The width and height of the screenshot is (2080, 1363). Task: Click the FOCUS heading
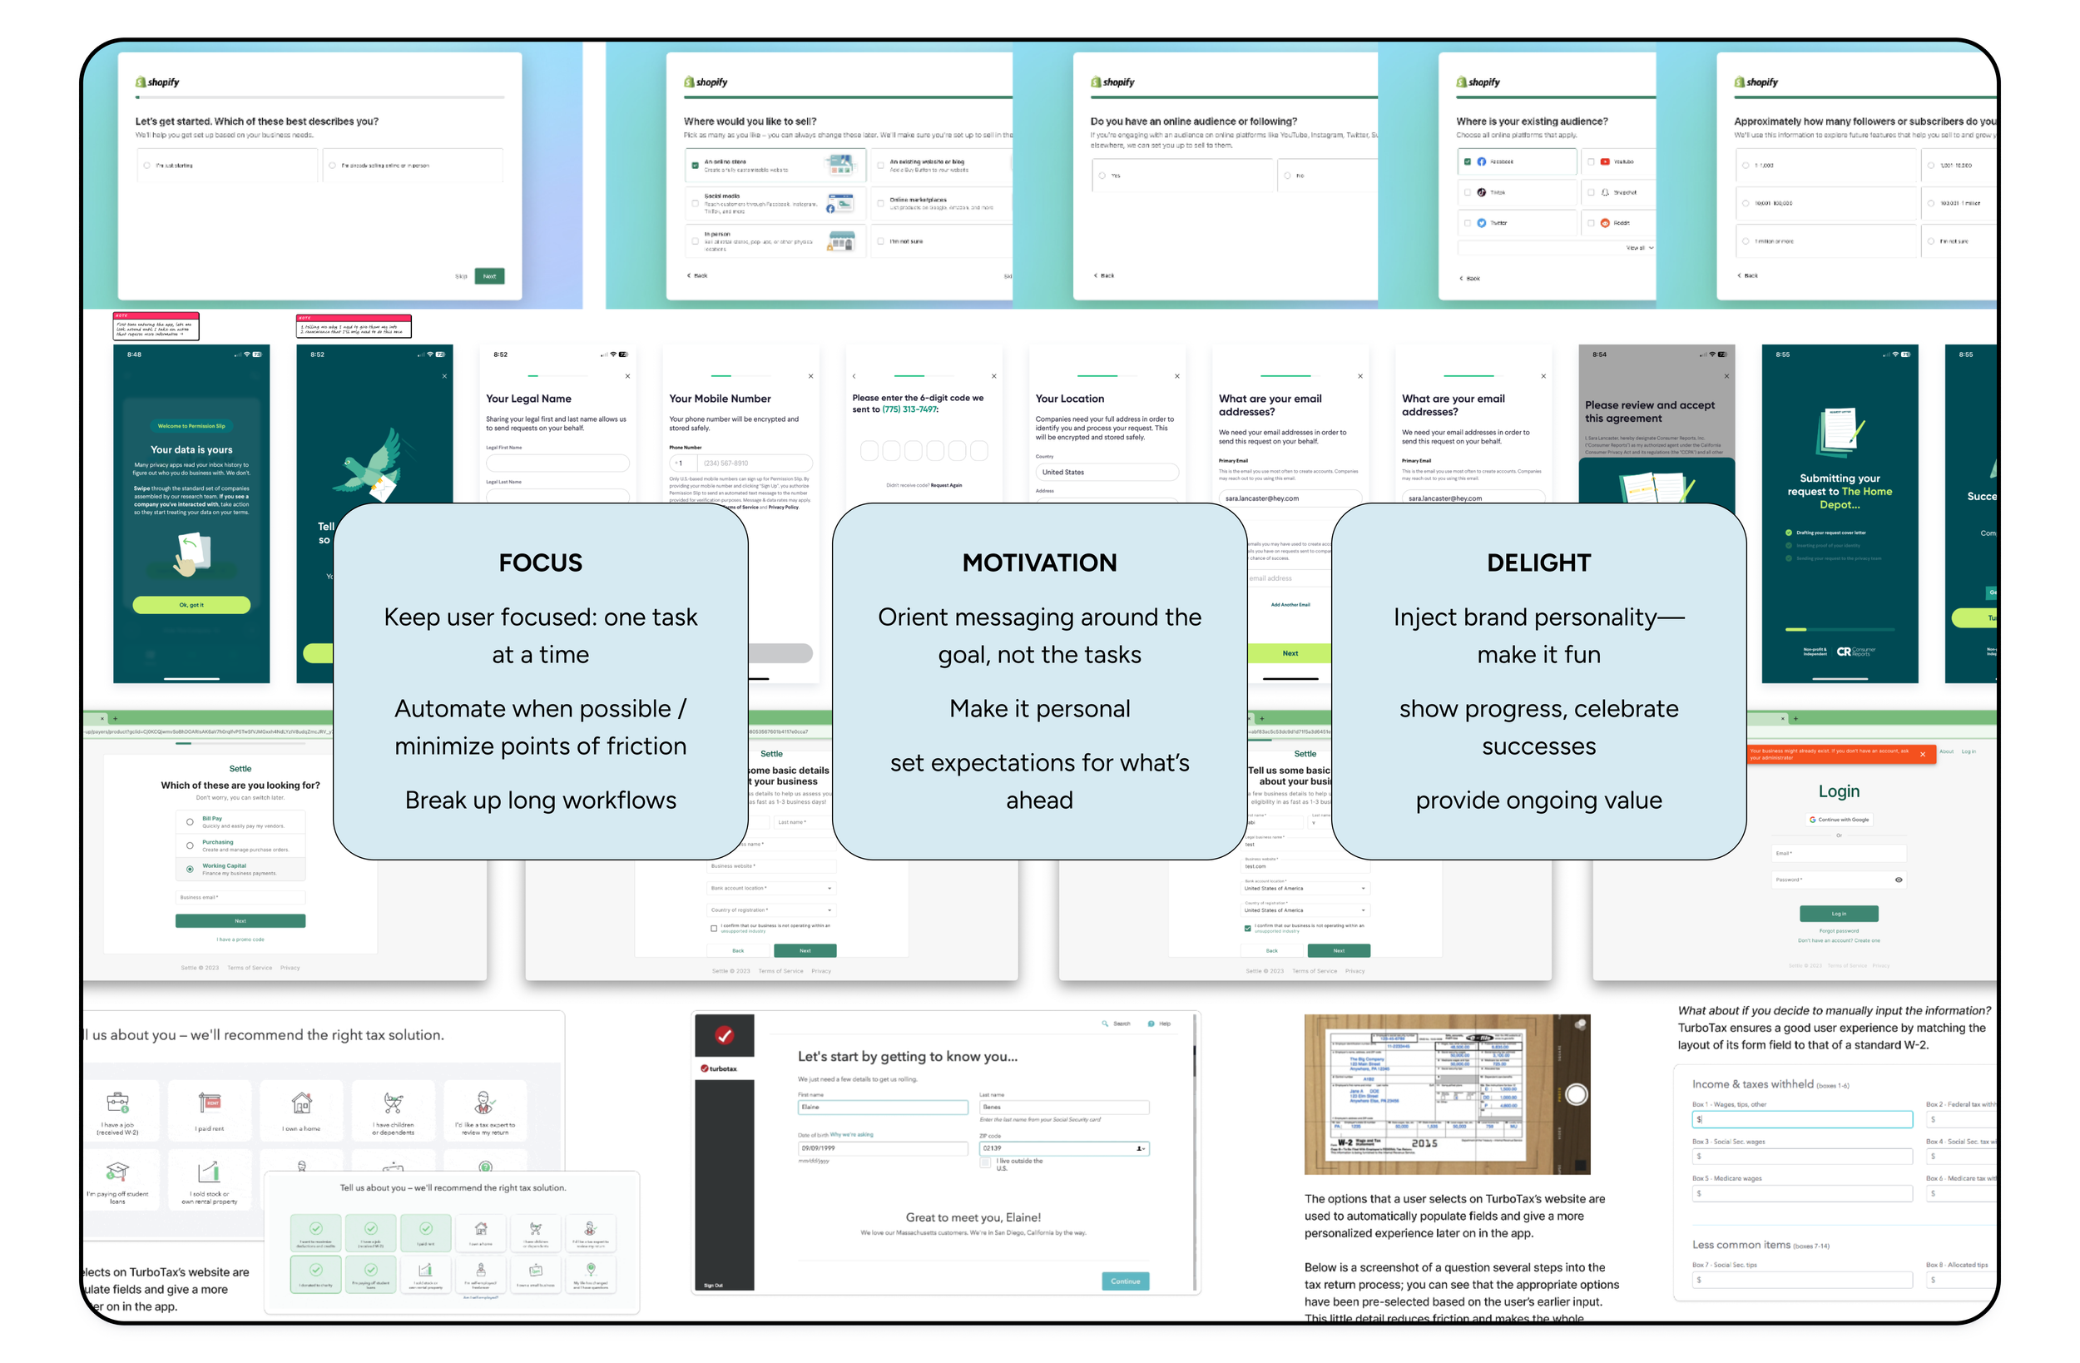pyautogui.click(x=540, y=563)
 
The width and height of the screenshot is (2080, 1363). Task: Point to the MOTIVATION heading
pyautogui.click(x=1039, y=563)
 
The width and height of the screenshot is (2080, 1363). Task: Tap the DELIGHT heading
pyautogui.click(x=1538, y=563)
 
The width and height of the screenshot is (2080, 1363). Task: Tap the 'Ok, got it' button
pyautogui.click(x=191, y=604)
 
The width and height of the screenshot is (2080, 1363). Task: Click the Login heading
pyautogui.click(x=1839, y=791)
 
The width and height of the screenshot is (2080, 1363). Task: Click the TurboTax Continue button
pyautogui.click(x=1125, y=1281)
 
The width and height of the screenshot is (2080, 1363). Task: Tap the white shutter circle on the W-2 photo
pyautogui.click(x=1576, y=1093)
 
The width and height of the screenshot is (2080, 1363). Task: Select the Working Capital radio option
pyautogui.click(x=190, y=869)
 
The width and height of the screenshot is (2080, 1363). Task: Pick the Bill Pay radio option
pyautogui.click(x=190, y=822)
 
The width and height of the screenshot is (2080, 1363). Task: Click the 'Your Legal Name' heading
pyautogui.click(x=529, y=399)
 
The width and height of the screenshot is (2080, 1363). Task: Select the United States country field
pyautogui.click(x=1107, y=472)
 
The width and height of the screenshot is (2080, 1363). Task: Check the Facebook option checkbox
pyautogui.click(x=1468, y=161)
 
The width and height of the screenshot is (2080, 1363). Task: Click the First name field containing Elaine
pyautogui.click(x=882, y=1107)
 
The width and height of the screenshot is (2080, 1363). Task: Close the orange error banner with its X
pyautogui.click(x=1922, y=754)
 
